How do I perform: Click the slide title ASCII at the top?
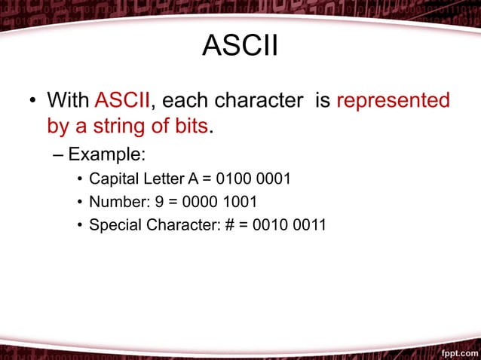[240, 47]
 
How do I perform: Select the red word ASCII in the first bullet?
[122, 100]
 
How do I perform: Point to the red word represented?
[393, 100]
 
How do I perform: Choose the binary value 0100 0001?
[253, 179]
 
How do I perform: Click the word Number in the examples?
[113, 202]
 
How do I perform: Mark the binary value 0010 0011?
[290, 224]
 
